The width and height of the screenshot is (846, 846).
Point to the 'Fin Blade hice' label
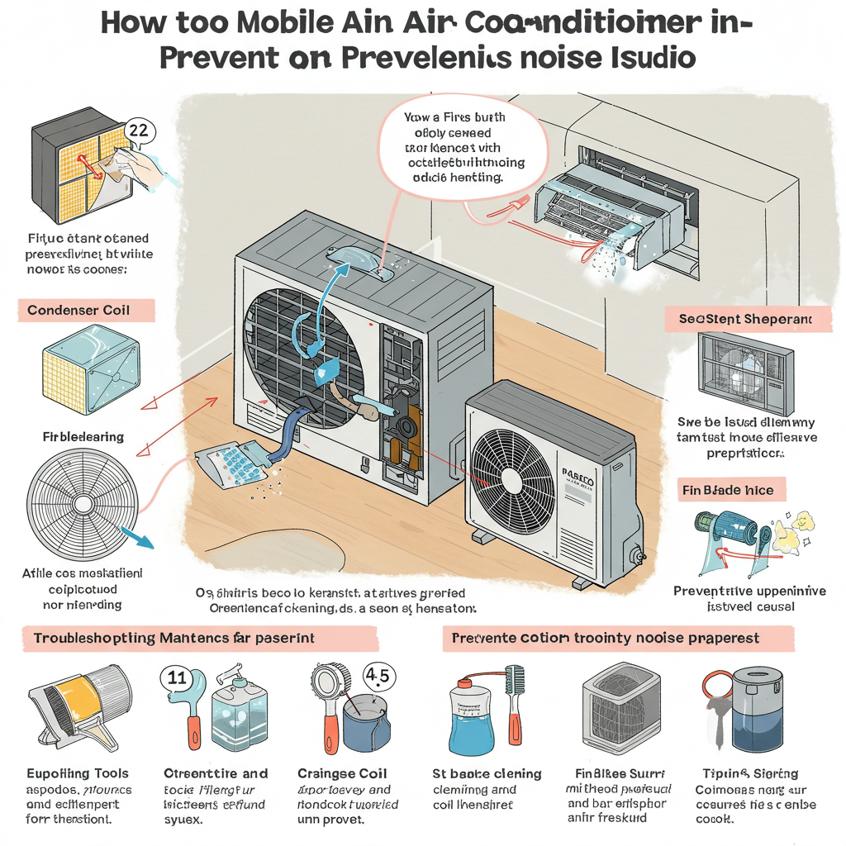[728, 490]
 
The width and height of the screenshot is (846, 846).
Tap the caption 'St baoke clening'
[487, 773]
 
